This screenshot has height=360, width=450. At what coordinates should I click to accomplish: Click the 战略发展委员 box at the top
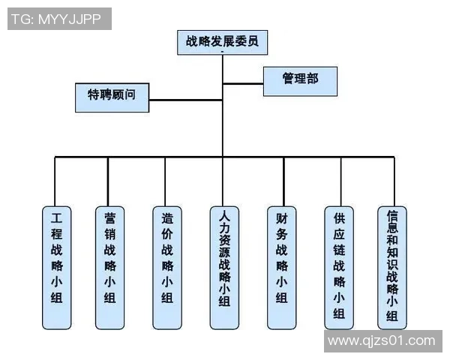click(x=223, y=43)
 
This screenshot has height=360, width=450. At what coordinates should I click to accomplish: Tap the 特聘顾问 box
click(x=111, y=96)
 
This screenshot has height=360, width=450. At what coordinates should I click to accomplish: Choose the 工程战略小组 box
click(x=56, y=266)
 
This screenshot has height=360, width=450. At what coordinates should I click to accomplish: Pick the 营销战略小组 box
click(x=110, y=266)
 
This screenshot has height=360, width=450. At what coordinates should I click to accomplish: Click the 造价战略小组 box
click(x=166, y=266)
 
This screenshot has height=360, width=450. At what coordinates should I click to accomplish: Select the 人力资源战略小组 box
click(x=223, y=266)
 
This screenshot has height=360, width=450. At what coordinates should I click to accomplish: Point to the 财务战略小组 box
click(x=281, y=266)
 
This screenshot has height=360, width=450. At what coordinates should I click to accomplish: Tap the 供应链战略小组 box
click(x=339, y=266)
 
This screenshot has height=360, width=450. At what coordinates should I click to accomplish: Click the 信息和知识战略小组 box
click(x=391, y=266)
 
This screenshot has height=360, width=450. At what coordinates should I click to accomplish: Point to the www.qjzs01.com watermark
click(x=382, y=340)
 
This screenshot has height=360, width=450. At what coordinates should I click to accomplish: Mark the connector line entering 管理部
click(x=243, y=83)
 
